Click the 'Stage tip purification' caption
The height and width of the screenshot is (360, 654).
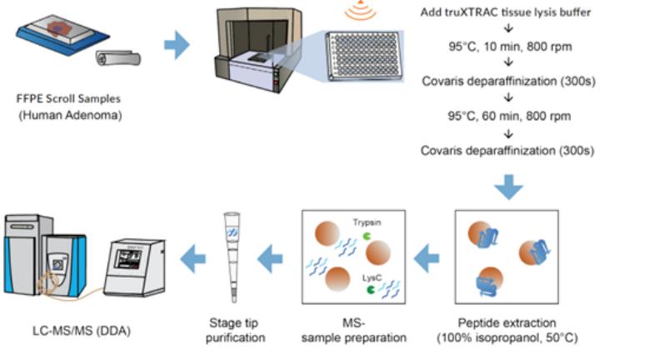235,330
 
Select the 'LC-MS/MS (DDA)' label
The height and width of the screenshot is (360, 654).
79,331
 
